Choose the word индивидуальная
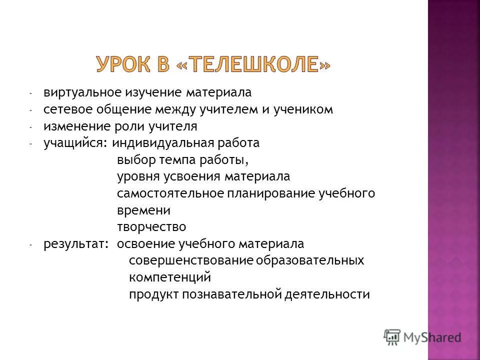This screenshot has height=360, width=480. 163,143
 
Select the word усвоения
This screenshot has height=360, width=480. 192,177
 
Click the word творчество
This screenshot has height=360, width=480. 151,227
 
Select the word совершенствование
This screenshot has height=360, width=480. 191,261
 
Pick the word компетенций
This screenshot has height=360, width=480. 170,277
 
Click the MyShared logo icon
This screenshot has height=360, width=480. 391,337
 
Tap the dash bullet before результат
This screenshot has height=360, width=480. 30,245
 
